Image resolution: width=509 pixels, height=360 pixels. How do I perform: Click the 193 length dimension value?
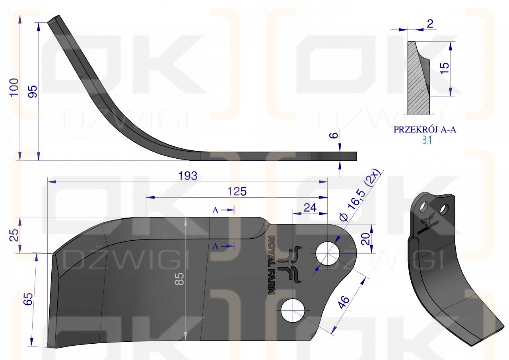pyautogui.click(x=188, y=176)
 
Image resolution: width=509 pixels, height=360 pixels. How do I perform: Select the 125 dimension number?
pyautogui.click(x=237, y=191)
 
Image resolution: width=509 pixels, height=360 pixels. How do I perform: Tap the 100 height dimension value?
pyautogui.click(x=14, y=87)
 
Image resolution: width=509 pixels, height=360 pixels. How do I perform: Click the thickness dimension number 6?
pyautogui.click(x=334, y=136)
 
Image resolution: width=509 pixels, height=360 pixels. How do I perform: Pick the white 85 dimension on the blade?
pyautogui.click(x=179, y=279)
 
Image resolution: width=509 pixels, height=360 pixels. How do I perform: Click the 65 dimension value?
pyautogui.click(x=28, y=299)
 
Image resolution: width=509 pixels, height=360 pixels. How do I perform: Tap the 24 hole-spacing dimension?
pyautogui.click(x=310, y=208)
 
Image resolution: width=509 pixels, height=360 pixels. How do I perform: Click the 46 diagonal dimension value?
pyautogui.click(x=344, y=302)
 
